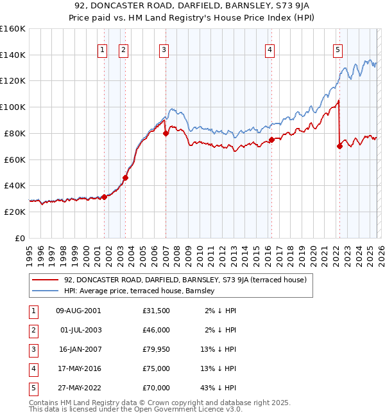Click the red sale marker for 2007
pyautogui.click(x=166, y=134)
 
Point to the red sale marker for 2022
pyautogui.click(x=339, y=146)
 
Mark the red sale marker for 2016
pyautogui.click(x=271, y=140)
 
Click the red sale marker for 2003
pyautogui.click(x=125, y=177)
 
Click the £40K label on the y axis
pyautogui.click(x=15, y=185)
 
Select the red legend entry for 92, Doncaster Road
pyautogui.click(x=185, y=280)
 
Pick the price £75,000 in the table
pyautogui.click(x=157, y=368)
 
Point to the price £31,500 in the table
pyautogui.click(x=157, y=311)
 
